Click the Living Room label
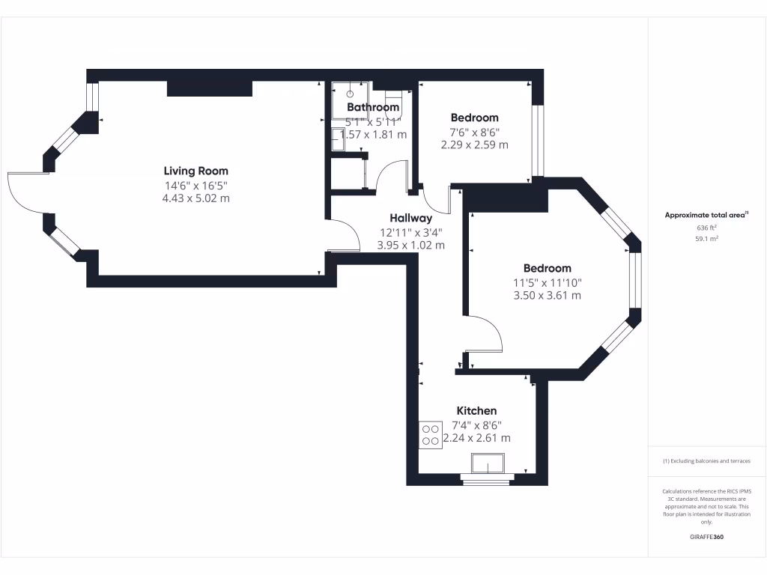click(x=196, y=171)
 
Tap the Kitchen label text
click(x=476, y=410)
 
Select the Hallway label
click(x=410, y=218)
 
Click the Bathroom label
click(x=372, y=107)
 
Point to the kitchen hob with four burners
click(x=430, y=435)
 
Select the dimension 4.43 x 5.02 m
click(x=196, y=198)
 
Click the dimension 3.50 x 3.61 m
click(x=547, y=296)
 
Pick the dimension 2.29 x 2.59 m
click(x=474, y=144)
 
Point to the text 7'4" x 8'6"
click(x=476, y=425)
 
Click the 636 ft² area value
click(x=706, y=227)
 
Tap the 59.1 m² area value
click(x=706, y=239)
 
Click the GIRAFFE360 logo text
click(x=706, y=537)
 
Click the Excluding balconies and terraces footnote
click(x=706, y=461)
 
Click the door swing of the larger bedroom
click(x=487, y=334)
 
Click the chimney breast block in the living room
click(x=209, y=88)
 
